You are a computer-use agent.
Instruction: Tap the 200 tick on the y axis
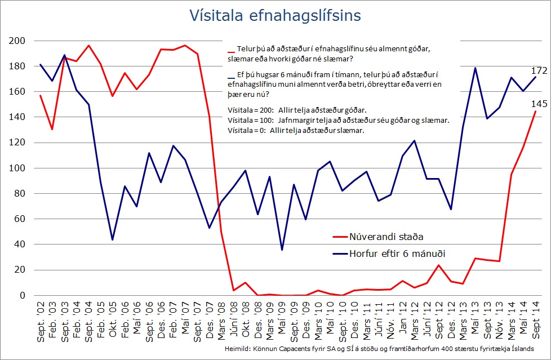[17, 41]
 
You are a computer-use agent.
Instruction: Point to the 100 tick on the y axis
[17, 168]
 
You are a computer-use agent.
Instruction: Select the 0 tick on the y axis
[23, 295]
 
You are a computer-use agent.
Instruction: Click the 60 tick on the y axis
[20, 219]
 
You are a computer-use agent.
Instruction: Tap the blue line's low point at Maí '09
[282, 250]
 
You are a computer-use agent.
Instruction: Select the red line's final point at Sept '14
[535, 111]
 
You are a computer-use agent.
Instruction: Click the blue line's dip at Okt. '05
[113, 240]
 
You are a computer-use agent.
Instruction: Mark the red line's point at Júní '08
[233, 290]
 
